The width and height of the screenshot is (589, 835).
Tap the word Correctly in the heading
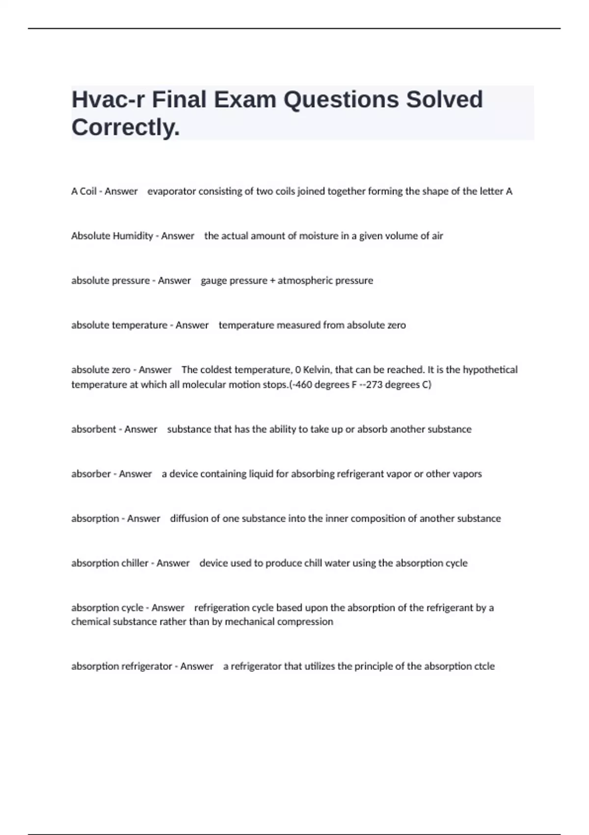[126, 128]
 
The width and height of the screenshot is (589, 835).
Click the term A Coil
[83, 191]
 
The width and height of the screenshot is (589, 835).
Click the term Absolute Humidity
[112, 236]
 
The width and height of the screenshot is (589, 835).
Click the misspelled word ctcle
[484, 667]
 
